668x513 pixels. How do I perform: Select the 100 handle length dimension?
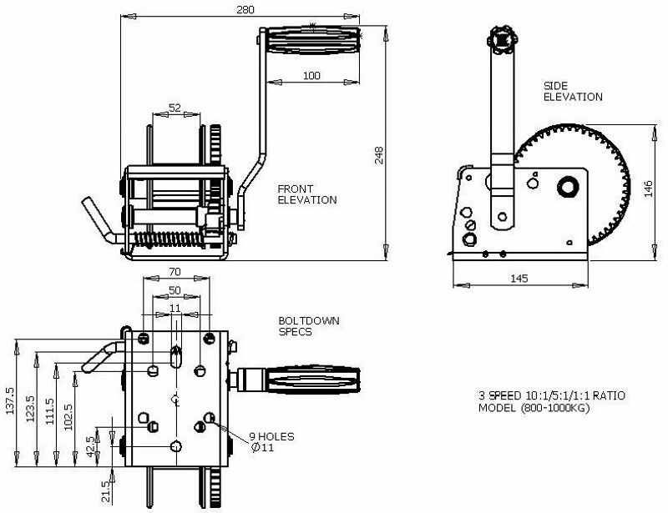(311, 76)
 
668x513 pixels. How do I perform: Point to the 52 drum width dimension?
(175, 107)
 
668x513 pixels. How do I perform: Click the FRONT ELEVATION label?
(308, 194)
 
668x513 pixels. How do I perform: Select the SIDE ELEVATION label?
(572, 91)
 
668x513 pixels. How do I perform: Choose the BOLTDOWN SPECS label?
(303, 325)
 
